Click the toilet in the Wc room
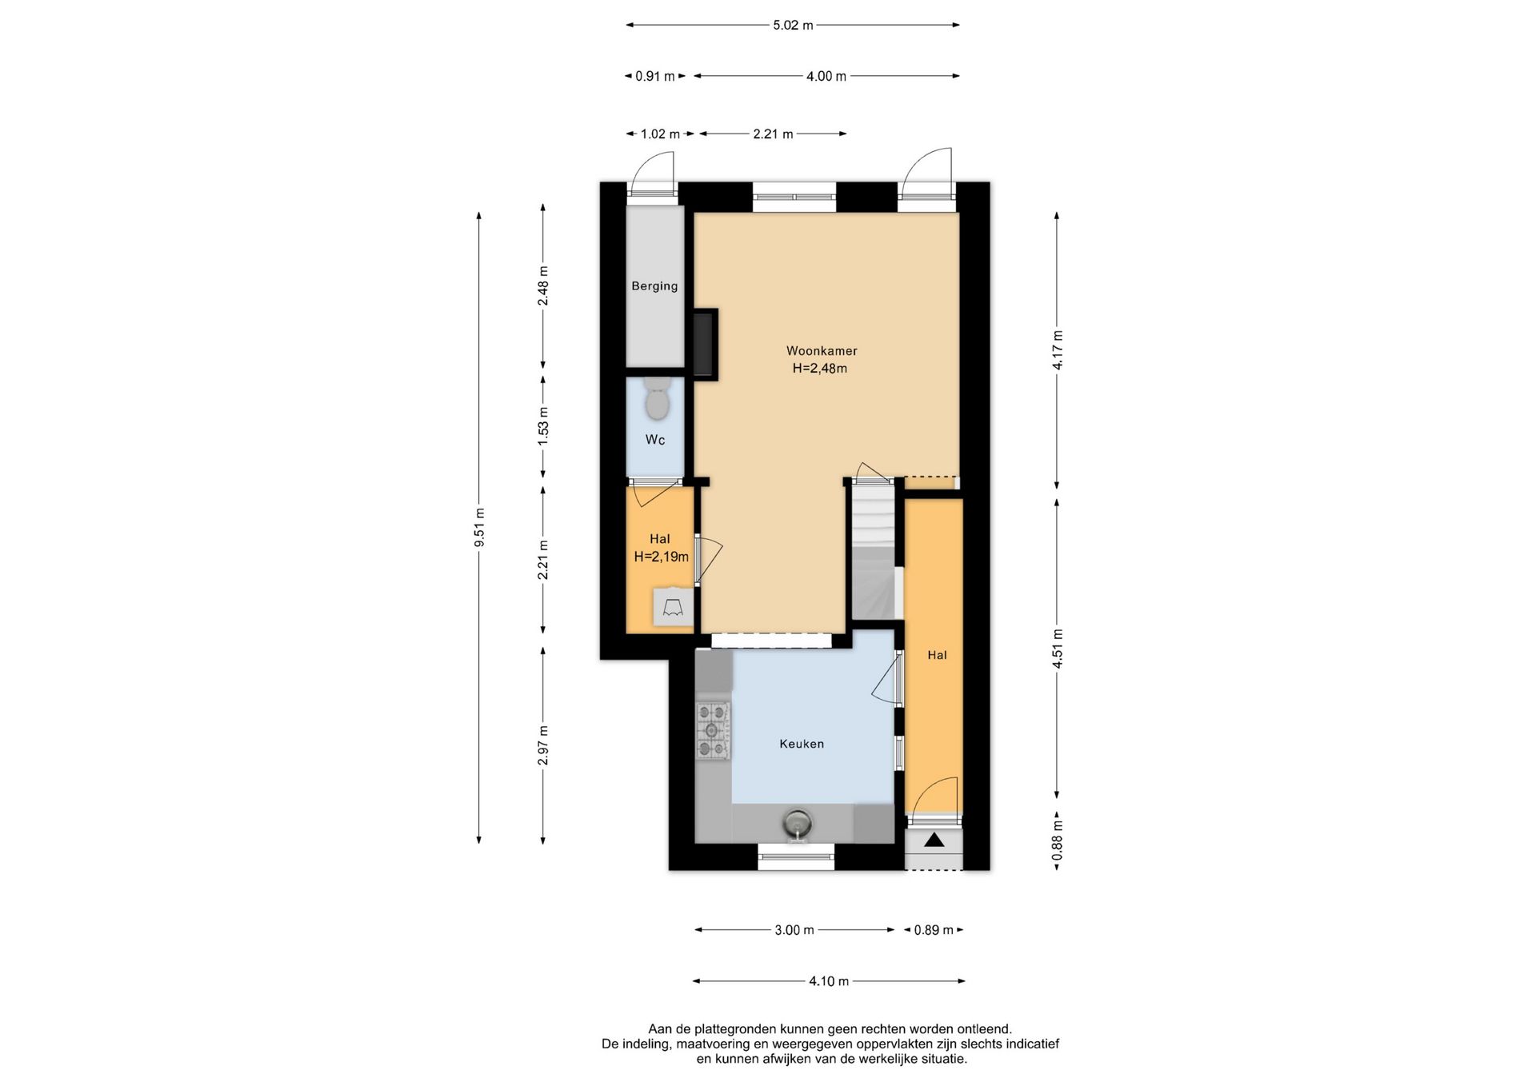click(658, 400)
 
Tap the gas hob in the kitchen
click(713, 730)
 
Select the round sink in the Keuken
click(797, 823)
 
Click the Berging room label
click(654, 285)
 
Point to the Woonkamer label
click(822, 350)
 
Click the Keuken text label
click(802, 744)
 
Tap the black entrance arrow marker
click(934, 840)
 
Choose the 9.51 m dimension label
click(479, 528)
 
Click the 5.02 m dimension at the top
click(793, 25)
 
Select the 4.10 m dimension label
click(829, 981)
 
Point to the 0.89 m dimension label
click(934, 930)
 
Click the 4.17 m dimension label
click(1058, 350)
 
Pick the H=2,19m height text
click(661, 557)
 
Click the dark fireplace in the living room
click(705, 345)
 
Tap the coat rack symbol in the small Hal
click(673, 606)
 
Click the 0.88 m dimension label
click(1058, 841)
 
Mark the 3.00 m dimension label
click(794, 930)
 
